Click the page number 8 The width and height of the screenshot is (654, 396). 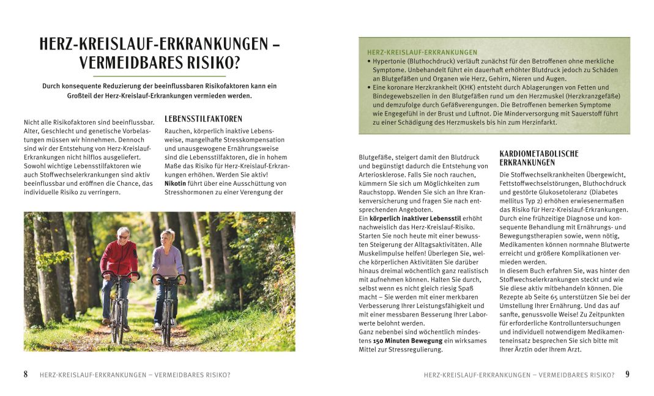[26, 375]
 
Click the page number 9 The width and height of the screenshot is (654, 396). [628, 375]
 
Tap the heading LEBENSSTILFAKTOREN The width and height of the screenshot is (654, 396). [204, 119]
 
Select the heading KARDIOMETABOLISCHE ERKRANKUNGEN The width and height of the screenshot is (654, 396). [539, 158]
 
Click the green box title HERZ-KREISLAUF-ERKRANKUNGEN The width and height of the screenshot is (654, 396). [422, 53]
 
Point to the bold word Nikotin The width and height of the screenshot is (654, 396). [176, 183]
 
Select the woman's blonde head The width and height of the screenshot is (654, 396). [168, 237]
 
